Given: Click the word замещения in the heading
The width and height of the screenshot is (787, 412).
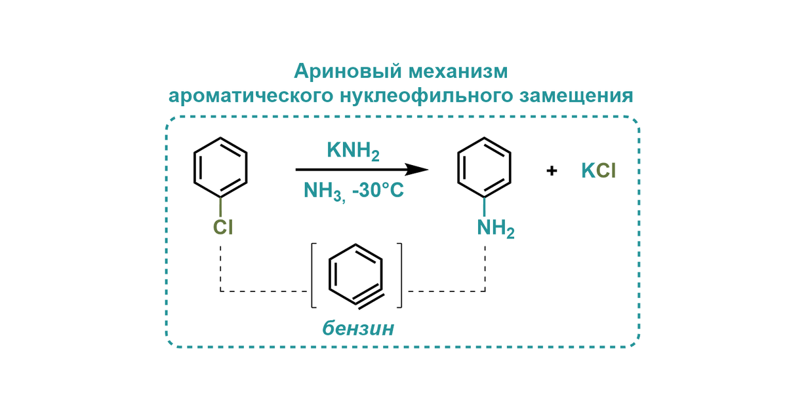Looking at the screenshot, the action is point(577,96).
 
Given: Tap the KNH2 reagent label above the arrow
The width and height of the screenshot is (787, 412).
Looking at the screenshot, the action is point(353,152).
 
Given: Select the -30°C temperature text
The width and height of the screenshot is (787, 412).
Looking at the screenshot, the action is point(376,191).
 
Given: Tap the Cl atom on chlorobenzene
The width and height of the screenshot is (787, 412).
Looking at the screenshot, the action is point(222,227).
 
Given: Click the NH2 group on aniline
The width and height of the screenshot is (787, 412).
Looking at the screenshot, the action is point(494,229).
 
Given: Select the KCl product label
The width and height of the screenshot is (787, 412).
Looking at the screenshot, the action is point(599,171).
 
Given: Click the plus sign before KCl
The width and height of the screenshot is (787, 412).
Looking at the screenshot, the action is point(552,171).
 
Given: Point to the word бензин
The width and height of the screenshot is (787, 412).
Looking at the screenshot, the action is point(358,328).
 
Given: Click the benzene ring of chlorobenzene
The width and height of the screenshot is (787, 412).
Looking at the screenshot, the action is point(221,167).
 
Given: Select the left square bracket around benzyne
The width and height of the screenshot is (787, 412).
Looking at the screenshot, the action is point(313,275).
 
